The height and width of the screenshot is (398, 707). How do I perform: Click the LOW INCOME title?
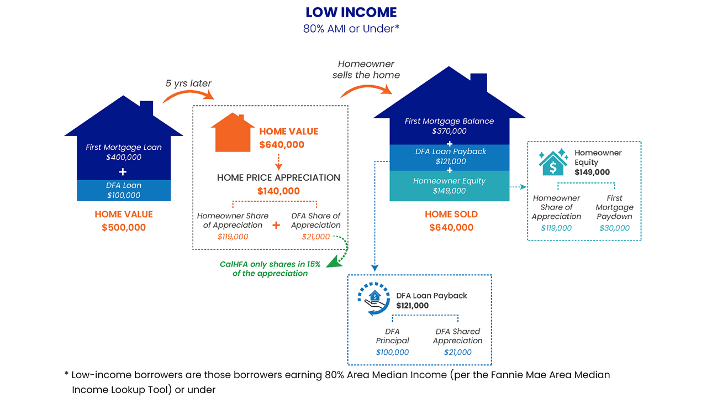coord(351,12)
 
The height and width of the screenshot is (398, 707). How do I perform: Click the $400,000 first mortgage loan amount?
coord(124,157)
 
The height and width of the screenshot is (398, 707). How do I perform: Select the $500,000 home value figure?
coord(124,227)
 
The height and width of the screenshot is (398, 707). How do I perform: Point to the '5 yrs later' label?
coord(188,83)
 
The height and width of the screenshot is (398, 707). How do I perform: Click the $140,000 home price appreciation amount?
coord(278,191)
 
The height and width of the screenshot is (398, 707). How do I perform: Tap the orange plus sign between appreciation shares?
coord(277,226)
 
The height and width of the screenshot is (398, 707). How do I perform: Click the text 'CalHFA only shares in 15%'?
coord(270,264)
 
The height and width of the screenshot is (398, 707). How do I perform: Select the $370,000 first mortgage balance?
coord(449,131)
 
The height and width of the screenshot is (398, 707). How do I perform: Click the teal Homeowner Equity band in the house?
coord(449,186)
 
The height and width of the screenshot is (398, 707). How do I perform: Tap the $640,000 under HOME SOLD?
coord(451,227)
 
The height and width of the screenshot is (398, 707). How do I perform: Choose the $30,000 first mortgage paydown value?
coord(614,228)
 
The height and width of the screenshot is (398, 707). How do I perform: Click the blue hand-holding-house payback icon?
coord(373,300)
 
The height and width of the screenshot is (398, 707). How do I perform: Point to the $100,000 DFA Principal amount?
coord(392,352)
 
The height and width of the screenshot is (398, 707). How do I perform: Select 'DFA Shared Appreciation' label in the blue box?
coord(458,336)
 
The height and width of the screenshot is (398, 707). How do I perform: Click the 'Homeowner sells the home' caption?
coord(366,70)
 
